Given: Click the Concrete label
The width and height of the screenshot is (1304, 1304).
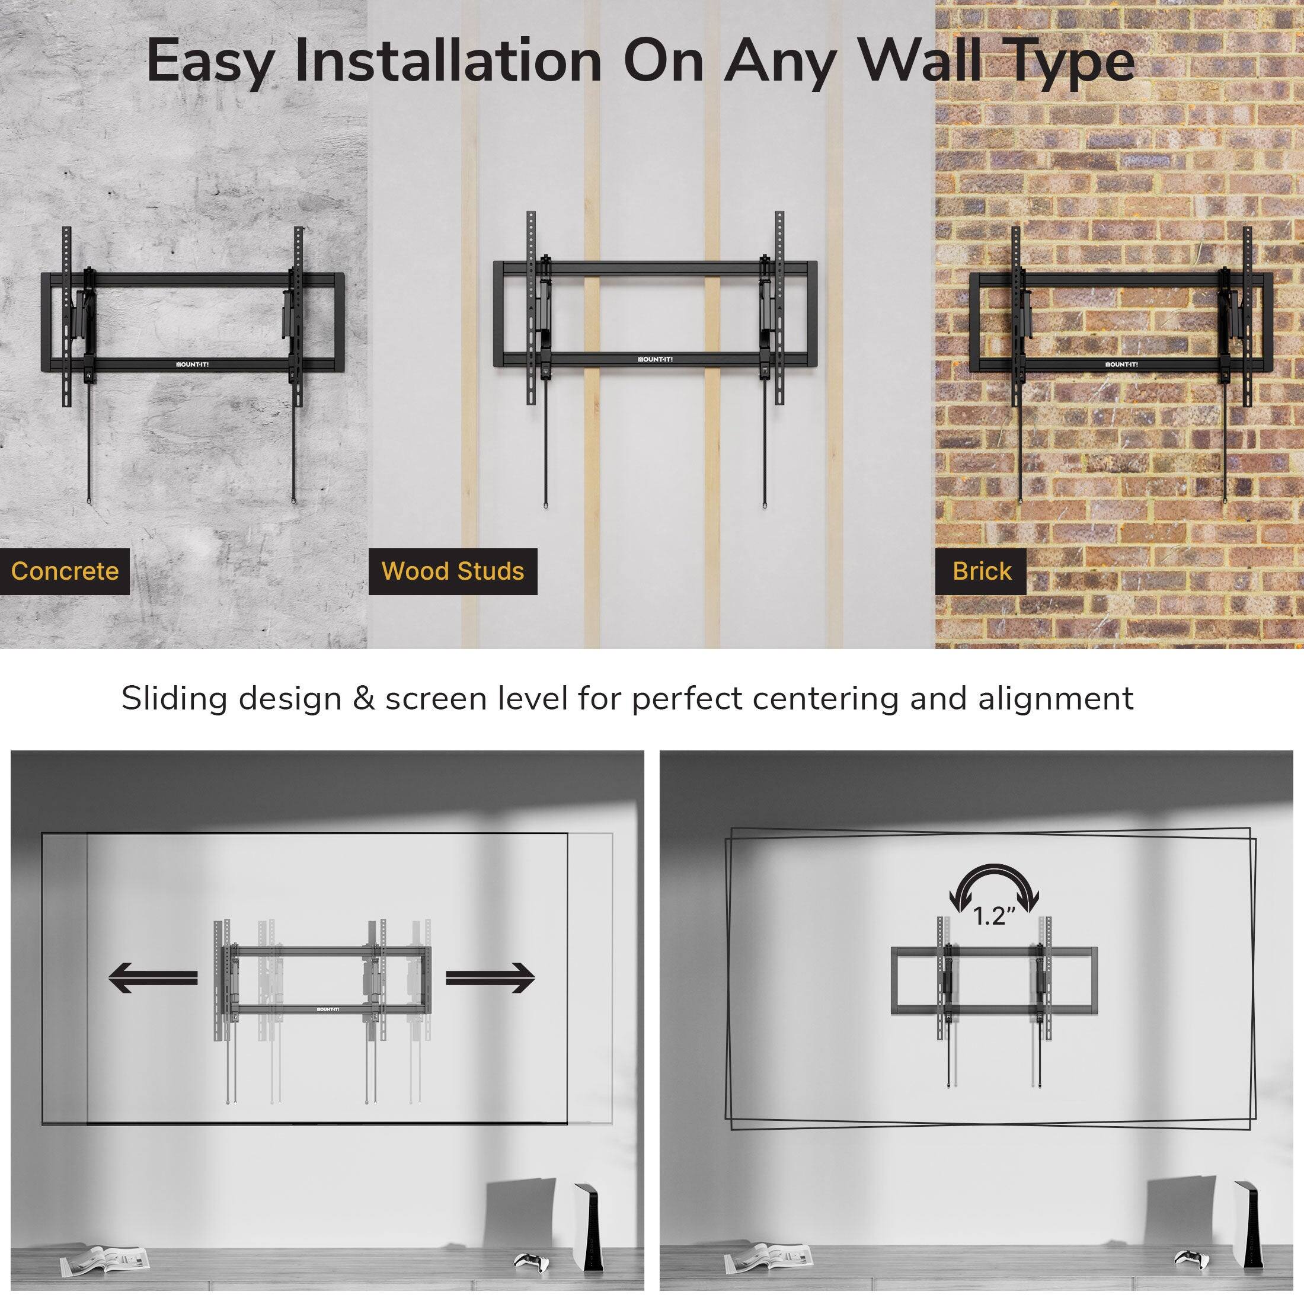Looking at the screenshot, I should pos(65,571).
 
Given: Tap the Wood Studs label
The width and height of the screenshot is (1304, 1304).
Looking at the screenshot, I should pos(452,571).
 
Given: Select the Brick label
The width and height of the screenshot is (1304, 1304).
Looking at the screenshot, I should pos(982,571).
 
